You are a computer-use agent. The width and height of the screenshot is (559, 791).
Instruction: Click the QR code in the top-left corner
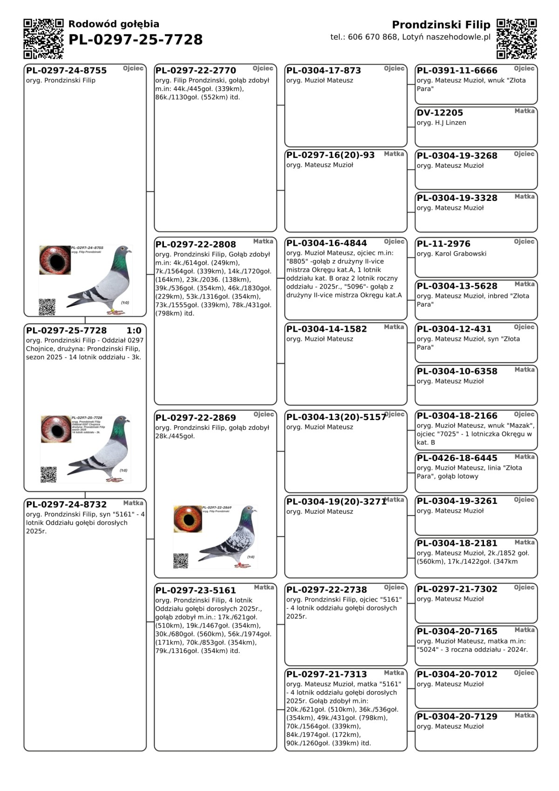point(43,39)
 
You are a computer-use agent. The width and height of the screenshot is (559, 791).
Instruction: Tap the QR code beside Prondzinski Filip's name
point(517,39)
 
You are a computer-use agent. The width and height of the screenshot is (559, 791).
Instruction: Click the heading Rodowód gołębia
point(114,24)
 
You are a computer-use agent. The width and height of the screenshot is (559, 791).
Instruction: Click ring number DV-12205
point(440,113)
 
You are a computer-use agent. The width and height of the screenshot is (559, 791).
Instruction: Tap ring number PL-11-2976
point(443,244)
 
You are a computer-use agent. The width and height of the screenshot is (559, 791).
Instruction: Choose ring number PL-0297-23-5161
point(196,590)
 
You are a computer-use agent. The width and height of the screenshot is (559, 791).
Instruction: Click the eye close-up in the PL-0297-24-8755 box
point(55,260)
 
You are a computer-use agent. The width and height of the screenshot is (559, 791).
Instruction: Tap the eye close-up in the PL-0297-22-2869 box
point(188,518)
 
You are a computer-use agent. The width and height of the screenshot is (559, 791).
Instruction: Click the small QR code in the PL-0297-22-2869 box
point(180,561)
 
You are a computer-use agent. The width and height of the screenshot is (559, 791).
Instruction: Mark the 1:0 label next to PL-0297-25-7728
point(134,330)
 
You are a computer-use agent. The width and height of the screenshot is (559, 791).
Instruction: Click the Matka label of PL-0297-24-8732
point(133,503)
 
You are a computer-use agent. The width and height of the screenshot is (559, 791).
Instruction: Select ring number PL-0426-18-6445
point(457,458)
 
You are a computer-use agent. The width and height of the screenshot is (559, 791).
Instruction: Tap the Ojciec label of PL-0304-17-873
point(394,69)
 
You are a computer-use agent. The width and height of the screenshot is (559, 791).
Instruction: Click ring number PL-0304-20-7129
point(457,716)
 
